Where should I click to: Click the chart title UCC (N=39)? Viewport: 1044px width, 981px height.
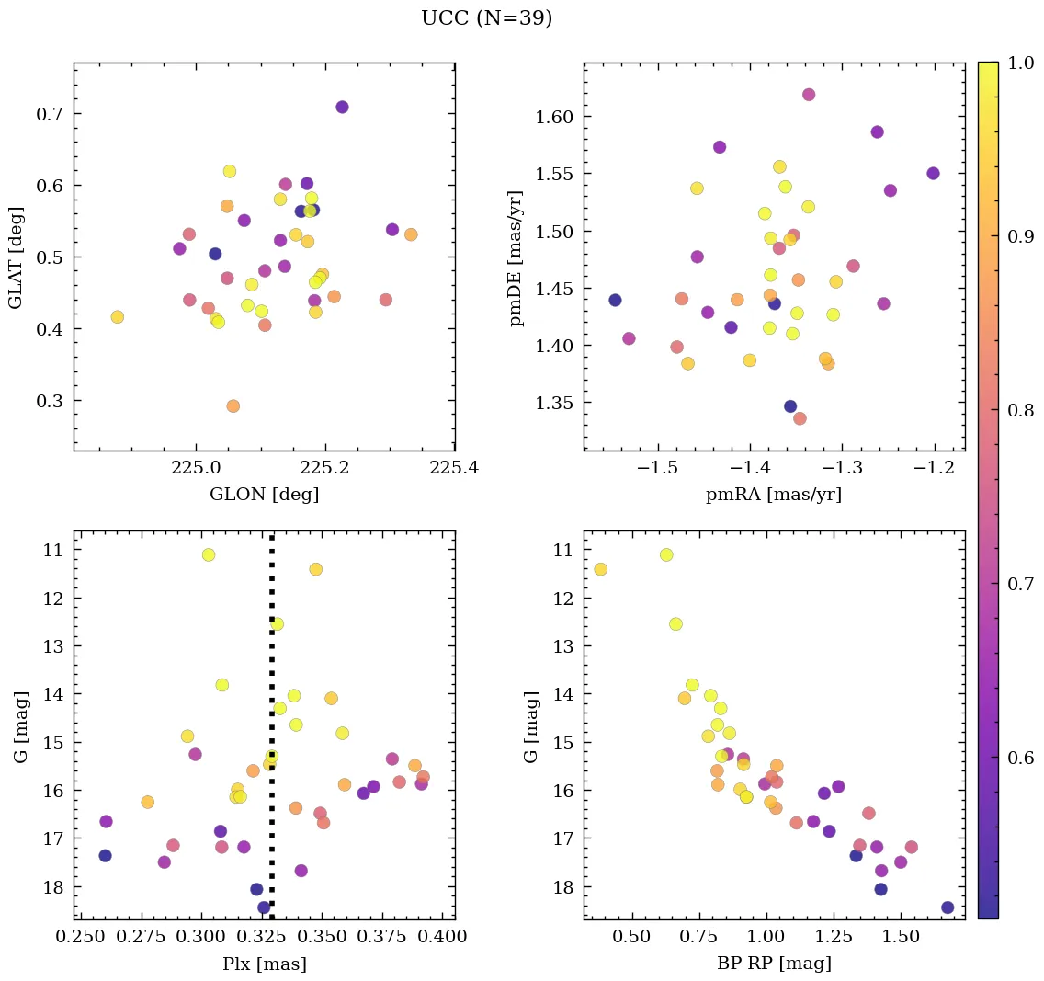point(486,18)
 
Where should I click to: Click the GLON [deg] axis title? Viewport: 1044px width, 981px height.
point(265,495)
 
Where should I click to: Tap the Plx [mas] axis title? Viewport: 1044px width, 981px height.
point(265,964)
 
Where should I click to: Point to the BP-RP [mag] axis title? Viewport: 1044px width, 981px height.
point(774,964)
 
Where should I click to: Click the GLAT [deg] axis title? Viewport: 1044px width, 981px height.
point(16,257)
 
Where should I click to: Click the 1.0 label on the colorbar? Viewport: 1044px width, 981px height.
point(1021,63)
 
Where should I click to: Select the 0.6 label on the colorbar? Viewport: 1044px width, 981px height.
point(1021,758)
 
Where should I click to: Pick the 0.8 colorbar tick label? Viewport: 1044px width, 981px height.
point(1021,410)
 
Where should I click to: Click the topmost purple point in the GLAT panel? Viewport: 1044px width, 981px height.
point(342,108)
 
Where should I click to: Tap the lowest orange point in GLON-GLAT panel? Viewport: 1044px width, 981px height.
point(233,406)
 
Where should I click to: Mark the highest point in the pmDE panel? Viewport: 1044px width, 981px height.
point(809,95)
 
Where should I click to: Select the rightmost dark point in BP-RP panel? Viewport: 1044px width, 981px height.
point(948,907)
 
